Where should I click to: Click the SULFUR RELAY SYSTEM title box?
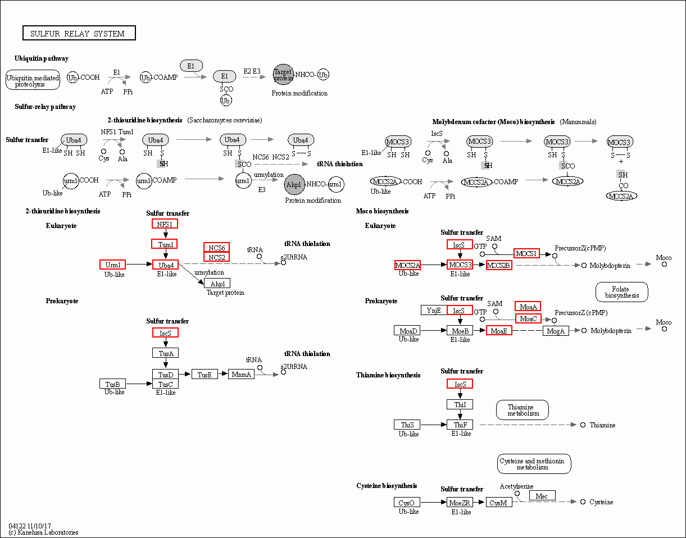click(79, 33)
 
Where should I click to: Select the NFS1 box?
click(165, 224)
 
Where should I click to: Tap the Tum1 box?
click(165, 244)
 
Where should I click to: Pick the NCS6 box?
click(217, 248)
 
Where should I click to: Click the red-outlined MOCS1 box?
click(526, 253)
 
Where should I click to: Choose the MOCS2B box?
click(499, 265)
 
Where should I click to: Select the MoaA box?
click(528, 306)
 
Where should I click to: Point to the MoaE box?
click(499, 331)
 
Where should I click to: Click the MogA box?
click(556, 331)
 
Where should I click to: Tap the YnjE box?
click(434, 310)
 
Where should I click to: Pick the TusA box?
click(165, 353)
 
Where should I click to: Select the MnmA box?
click(241, 374)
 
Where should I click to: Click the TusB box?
click(112, 384)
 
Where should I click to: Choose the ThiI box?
click(460, 404)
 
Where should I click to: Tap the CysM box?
click(499, 503)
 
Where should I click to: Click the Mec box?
click(542, 495)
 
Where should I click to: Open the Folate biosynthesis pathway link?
click(621, 292)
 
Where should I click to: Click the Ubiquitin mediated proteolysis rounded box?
click(33, 80)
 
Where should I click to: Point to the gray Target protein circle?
click(283, 74)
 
